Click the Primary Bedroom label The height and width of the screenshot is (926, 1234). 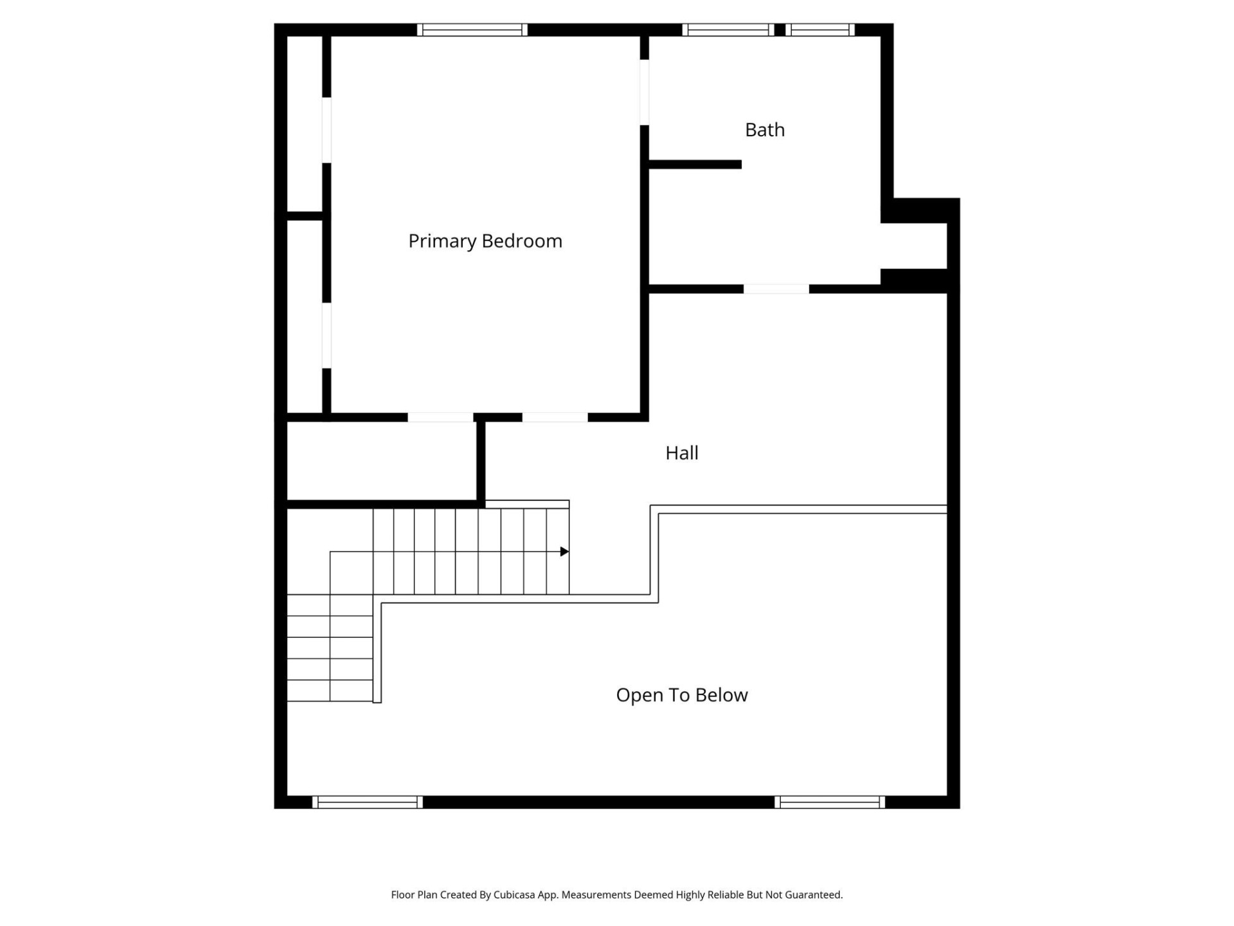point(485,241)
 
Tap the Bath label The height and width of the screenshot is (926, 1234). point(764,130)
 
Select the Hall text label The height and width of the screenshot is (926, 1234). point(681,453)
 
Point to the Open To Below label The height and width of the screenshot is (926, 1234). point(681,695)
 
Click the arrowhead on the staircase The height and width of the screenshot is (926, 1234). point(564,552)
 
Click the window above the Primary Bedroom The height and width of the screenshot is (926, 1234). point(472,30)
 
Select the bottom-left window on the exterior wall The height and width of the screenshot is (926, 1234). point(367,802)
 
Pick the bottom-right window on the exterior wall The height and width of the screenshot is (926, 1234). point(830,802)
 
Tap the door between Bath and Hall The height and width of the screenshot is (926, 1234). point(776,289)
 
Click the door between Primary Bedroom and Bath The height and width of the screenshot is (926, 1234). point(644,93)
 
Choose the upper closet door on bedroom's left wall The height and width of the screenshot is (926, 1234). point(326,130)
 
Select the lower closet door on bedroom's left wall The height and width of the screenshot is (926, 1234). point(326,335)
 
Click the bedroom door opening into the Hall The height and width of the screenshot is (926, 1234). point(555,417)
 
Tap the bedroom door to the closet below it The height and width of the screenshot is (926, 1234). point(440,417)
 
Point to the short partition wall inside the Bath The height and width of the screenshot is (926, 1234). point(695,165)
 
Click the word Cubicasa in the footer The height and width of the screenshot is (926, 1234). point(514,894)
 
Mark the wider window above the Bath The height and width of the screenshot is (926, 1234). point(728,30)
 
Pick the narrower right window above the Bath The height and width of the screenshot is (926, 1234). point(820,30)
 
